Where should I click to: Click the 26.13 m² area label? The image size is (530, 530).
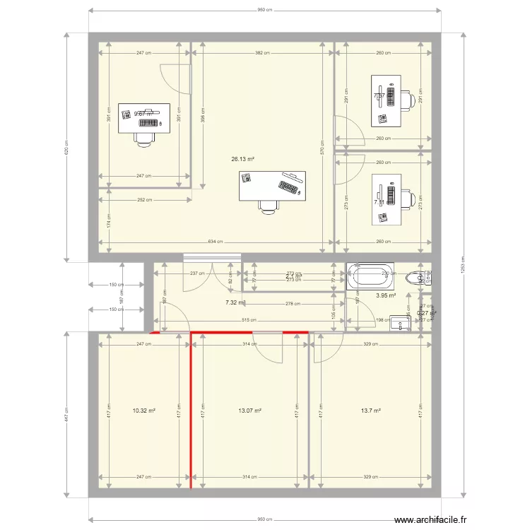(242, 159)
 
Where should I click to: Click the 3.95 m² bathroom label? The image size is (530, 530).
(386, 296)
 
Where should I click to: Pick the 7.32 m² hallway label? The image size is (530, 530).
(235, 302)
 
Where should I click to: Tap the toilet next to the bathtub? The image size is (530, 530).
(422, 276)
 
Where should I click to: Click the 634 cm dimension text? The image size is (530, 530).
(216, 242)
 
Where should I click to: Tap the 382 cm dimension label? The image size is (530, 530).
(262, 53)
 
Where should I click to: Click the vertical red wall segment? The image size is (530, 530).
(191, 410)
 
